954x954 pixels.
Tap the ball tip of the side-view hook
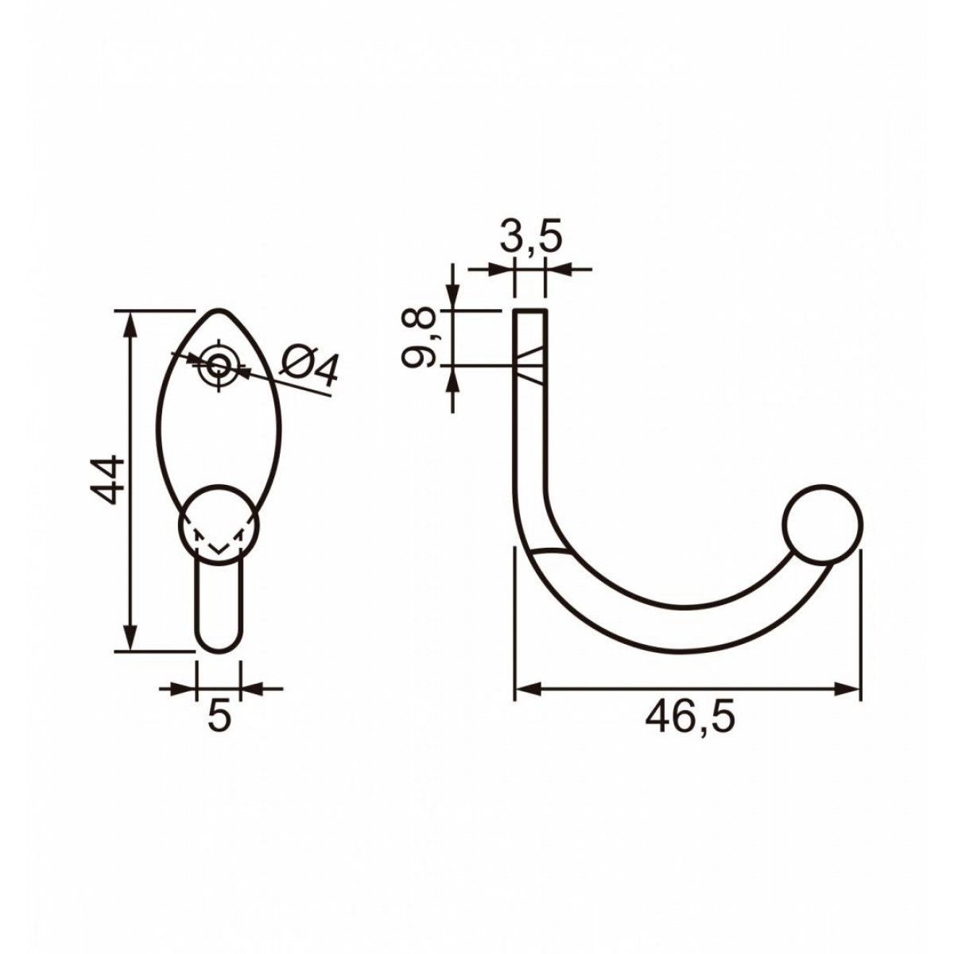(822, 523)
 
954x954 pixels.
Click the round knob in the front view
(219, 525)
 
